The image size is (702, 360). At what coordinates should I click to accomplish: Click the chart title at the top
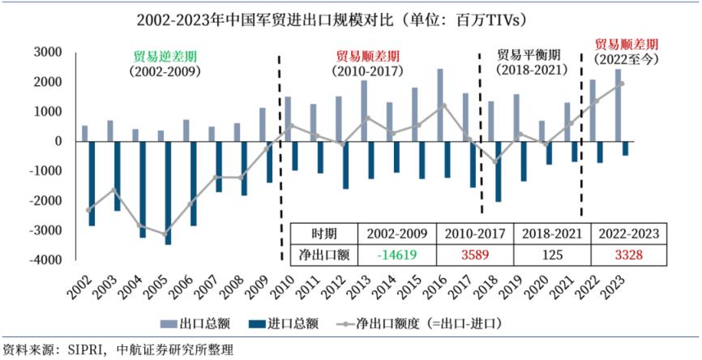pos(351,18)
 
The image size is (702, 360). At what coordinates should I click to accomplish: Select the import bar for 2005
pos(168,192)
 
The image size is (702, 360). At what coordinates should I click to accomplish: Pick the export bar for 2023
pos(618,105)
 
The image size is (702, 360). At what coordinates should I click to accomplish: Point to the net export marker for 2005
pos(165,234)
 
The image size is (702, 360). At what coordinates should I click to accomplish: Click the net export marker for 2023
pos(621,84)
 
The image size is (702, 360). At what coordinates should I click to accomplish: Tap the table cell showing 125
pos(550,255)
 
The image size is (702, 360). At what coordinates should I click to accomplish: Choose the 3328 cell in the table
pos(628,255)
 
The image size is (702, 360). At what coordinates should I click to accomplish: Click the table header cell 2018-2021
pos(550,234)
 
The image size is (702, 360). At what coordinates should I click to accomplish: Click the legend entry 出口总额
pos(201,324)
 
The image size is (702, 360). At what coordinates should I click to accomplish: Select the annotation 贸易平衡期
pos(528,55)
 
